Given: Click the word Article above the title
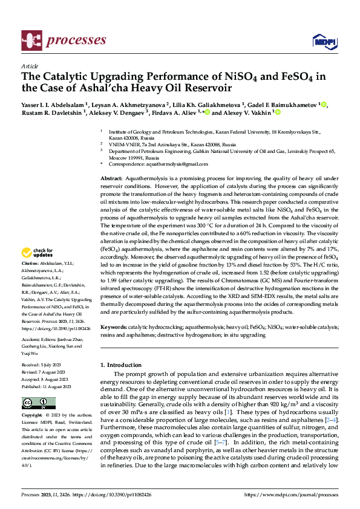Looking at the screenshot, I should pos(30,66).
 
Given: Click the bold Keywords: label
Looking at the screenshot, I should pos(113,326).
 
